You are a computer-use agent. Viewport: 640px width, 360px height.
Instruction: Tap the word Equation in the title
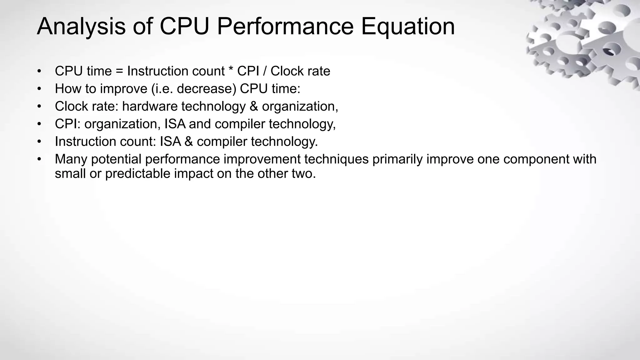(x=408, y=27)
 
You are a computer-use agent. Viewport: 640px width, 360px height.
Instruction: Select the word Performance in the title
(x=285, y=27)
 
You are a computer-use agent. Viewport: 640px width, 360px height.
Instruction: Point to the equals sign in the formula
(x=119, y=72)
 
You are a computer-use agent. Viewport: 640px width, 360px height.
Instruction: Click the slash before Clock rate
(x=265, y=71)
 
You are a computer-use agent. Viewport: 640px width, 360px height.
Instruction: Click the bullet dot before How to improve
(x=39, y=89)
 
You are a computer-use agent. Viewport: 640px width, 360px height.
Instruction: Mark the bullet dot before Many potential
(x=39, y=159)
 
